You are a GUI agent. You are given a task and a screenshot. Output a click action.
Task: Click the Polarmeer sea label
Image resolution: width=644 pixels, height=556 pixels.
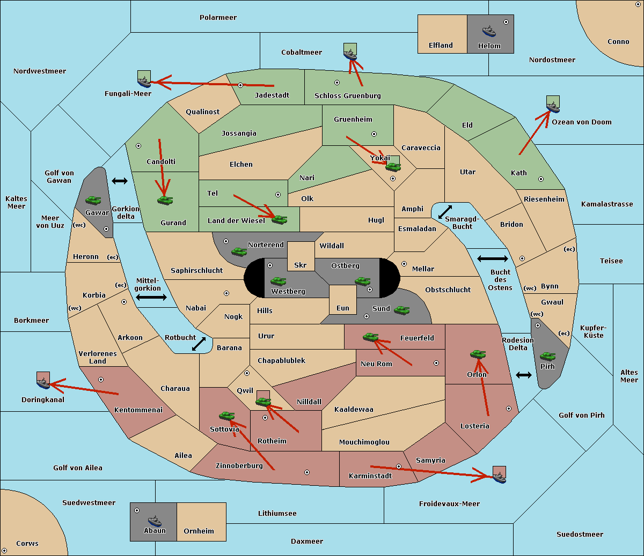click(218, 18)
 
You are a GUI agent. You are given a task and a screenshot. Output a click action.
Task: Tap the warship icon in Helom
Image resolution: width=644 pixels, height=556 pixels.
click(489, 31)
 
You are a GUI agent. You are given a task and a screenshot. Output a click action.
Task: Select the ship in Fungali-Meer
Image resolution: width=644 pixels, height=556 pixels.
click(144, 81)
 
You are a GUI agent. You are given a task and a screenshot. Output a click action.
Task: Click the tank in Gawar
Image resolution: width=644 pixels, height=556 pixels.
click(93, 200)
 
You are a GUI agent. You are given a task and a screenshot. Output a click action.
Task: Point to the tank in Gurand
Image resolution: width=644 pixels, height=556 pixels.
click(165, 200)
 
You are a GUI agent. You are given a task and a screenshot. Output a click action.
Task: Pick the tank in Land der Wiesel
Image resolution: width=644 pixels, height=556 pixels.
click(279, 219)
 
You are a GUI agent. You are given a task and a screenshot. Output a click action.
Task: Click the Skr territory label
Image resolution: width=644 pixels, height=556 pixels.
click(301, 265)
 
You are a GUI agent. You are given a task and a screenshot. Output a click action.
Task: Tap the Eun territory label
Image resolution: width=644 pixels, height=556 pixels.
click(343, 308)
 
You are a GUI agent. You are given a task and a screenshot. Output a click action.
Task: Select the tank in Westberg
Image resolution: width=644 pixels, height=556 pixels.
click(278, 281)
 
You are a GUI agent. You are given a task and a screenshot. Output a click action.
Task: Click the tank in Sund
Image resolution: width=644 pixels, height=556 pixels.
click(401, 310)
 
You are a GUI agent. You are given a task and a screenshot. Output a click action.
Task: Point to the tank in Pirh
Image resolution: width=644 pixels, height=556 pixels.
click(547, 356)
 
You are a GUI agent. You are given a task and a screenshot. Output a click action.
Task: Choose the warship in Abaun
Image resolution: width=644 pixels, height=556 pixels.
click(155, 521)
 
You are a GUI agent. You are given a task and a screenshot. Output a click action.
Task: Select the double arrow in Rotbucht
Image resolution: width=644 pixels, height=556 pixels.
click(199, 344)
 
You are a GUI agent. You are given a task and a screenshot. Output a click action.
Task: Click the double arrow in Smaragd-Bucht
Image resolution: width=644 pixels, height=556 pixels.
click(445, 212)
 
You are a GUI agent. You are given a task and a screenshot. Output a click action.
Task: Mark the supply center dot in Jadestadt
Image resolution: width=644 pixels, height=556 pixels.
click(240, 85)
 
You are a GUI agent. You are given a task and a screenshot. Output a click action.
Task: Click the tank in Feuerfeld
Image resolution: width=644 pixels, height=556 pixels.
click(371, 337)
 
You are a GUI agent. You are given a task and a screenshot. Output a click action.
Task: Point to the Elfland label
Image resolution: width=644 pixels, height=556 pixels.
click(441, 46)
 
